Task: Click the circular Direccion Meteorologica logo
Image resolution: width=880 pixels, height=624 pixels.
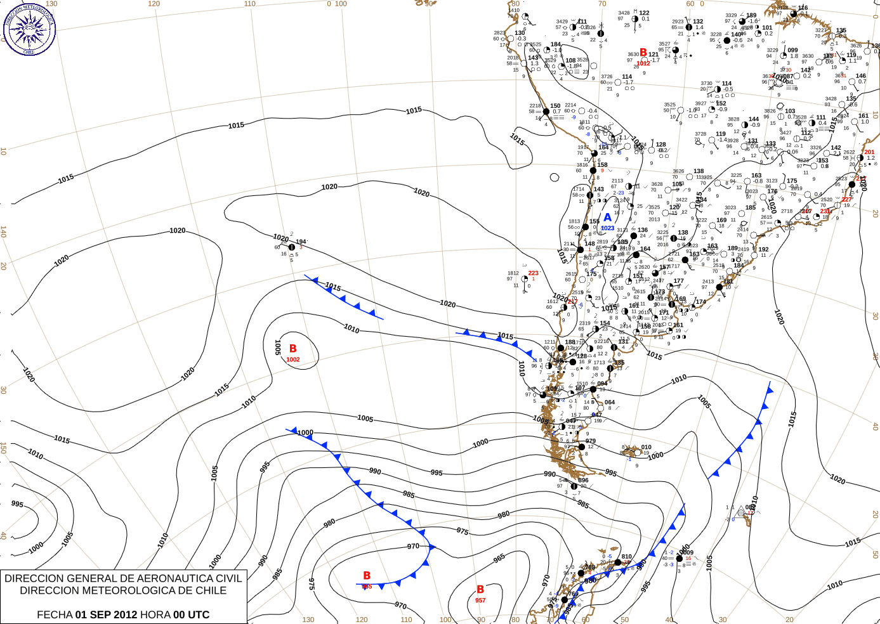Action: (29, 28)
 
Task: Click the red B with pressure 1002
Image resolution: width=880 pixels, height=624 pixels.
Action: (292, 349)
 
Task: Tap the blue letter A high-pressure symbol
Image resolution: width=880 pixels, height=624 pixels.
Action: (607, 218)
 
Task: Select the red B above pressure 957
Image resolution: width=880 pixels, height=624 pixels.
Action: (480, 590)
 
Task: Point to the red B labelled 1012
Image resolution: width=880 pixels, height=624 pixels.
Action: (643, 53)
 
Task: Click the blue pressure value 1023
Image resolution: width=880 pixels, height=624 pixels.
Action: (607, 228)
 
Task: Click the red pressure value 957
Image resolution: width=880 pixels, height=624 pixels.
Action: (480, 601)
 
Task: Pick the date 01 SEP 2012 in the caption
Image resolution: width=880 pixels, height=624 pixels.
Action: (106, 614)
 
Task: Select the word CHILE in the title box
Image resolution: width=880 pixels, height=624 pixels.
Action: (209, 590)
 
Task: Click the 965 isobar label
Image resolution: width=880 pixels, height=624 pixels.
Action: (499, 558)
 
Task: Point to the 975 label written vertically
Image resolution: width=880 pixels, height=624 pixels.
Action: (311, 584)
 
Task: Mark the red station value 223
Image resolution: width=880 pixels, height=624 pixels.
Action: (534, 273)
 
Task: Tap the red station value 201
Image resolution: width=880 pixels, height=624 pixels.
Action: (869, 152)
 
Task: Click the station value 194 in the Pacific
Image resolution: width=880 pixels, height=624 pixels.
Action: (301, 242)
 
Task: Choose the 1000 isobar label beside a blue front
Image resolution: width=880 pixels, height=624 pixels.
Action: (305, 433)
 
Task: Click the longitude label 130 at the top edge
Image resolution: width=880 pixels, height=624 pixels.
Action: (51, 4)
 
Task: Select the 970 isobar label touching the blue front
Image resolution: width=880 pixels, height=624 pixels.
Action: (413, 546)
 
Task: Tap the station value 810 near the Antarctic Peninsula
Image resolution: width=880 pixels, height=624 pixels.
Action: (627, 557)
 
